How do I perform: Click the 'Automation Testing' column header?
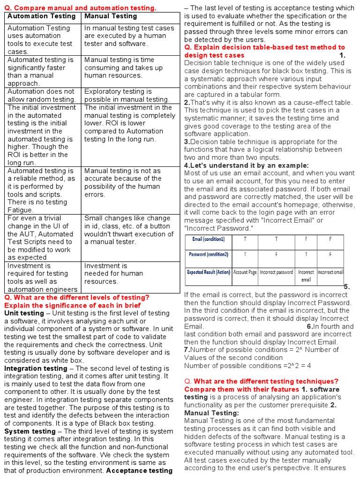(41, 16)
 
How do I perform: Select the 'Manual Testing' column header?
(111, 16)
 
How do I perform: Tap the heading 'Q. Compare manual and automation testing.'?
(80, 8)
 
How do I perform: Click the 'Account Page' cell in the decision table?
(245, 272)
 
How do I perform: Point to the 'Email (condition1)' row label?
(208, 239)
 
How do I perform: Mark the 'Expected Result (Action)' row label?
(208, 272)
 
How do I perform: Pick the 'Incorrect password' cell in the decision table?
(276, 272)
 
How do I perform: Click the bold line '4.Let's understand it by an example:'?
(246, 165)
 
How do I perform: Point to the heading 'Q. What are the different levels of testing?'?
(76, 298)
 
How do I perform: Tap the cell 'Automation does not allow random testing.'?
(41, 95)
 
